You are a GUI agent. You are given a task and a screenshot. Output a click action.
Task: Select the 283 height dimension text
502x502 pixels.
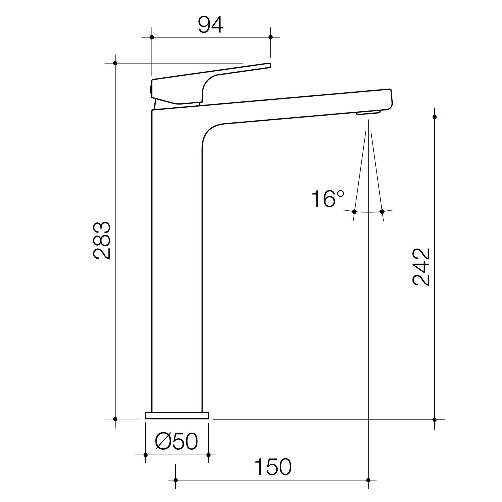[101, 241]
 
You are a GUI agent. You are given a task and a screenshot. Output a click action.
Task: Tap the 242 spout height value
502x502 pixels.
[421, 267]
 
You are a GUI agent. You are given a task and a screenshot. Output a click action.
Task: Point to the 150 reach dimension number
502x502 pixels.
[273, 467]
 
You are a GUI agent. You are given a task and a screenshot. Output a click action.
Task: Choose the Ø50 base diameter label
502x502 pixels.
[176, 441]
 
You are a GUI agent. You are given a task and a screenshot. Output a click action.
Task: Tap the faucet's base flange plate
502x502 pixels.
[177, 415]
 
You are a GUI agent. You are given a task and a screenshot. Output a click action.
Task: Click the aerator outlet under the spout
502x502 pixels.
[368, 113]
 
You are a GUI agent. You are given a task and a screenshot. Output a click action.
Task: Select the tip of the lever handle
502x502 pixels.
[269, 65]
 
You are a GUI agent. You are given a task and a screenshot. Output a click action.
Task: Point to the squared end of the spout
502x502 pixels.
[390, 99]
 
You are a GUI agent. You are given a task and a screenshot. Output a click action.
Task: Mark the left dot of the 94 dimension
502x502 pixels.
[152, 37]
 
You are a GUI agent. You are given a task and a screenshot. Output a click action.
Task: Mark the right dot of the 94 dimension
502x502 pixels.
[271, 37]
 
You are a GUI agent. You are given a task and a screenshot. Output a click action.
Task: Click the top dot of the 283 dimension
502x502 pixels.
[115, 63]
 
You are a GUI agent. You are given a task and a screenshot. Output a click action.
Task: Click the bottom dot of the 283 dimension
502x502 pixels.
[115, 419]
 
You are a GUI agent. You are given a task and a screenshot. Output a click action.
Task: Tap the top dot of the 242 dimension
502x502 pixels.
[435, 117]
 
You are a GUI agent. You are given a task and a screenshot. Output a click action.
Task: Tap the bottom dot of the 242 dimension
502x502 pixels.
[435, 420]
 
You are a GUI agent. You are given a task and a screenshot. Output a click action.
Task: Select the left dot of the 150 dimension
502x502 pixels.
[175, 480]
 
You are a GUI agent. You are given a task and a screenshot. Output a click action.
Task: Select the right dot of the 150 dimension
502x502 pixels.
[368, 480]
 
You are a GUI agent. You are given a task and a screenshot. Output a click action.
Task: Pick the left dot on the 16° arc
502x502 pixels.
[354, 211]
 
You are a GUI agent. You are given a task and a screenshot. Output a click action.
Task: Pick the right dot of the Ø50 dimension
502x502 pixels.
[209, 455]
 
